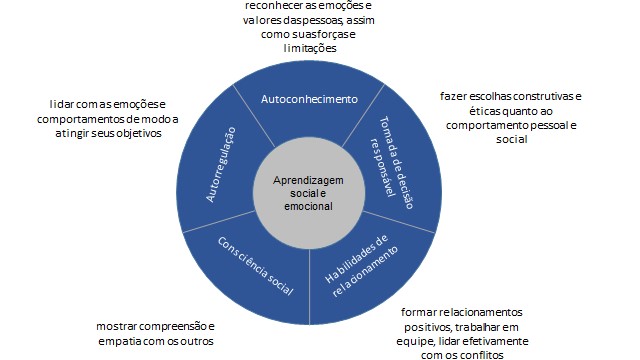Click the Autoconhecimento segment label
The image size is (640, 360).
[x=309, y=100]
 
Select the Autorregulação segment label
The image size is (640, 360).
[x=221, y=165]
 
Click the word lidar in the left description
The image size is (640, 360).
[x=61, y=104]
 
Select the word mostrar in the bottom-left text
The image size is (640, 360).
[x=116, y=326]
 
